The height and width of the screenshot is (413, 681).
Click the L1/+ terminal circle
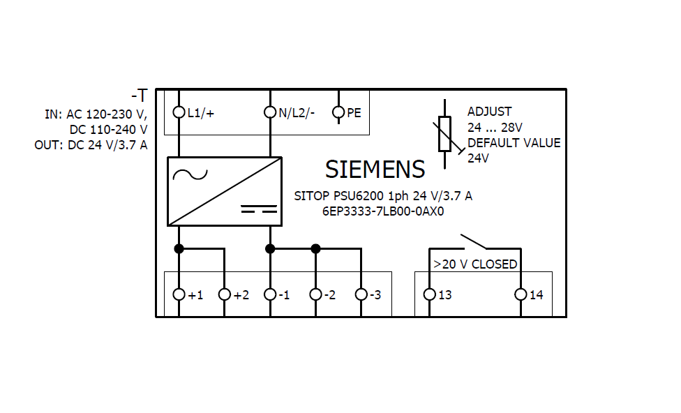tap(179, 112)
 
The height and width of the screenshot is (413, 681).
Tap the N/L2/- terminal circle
tap(270, 112)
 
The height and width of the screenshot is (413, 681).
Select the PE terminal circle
tap(338, 112)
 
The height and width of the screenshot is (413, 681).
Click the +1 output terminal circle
tap(179, 294)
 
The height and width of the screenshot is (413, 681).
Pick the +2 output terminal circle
tap(225, 294)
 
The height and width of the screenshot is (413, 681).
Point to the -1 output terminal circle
tap(270, 294)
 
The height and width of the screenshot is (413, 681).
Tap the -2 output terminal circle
tap(315, 294)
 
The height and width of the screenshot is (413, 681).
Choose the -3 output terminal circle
tap(361, 294)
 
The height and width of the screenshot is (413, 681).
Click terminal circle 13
tap(429, 294)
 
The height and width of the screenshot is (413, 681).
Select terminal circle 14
tap(521, 294)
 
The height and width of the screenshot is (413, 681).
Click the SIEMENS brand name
tap(375, 170)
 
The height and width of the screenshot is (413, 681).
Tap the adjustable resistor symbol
tap(445, 135)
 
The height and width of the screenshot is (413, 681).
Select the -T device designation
tap(139, 96)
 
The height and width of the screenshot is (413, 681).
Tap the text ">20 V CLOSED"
tap(474, 264)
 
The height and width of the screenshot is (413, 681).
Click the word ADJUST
tap(489, 112)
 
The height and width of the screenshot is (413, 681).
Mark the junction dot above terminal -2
tap(315, 248)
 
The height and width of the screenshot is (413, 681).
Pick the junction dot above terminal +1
tap(179, 248)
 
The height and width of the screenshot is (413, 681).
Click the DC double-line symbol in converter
tap(259, 209)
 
